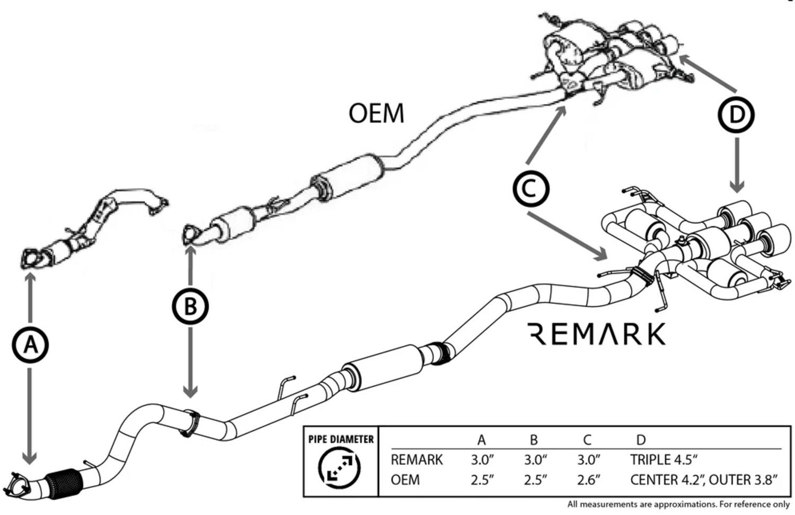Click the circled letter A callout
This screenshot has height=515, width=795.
click(x=30, y=345)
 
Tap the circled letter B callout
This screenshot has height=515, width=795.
click(x=190, y=306)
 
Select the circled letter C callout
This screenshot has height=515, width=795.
click(x=531, y=189)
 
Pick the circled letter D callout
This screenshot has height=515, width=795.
click(x=736, y=115)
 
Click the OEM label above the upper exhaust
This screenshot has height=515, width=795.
click(x=376, y=113)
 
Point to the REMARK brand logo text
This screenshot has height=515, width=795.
click(x=597, y=334)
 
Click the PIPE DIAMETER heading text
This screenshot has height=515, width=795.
click(x=341, y=439)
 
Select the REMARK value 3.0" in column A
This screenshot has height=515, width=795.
click(x=482, y=459)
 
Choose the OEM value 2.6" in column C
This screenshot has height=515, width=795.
click(x=588, y=480)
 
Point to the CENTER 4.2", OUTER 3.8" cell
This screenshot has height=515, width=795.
click(x=704, y=480)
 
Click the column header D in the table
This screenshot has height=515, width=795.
click(x=640, y=440)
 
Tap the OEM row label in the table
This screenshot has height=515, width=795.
click(x=405, y=480)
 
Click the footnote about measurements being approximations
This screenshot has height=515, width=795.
click(x=678, y=504)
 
